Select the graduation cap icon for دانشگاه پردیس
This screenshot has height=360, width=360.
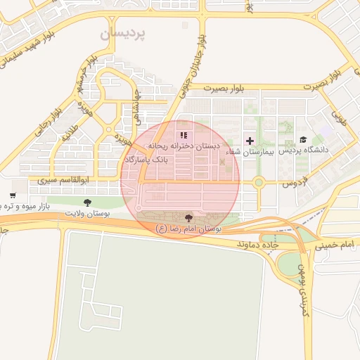303,140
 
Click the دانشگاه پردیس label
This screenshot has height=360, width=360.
304,151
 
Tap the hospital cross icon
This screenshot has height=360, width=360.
250,141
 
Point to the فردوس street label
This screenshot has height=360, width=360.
296,184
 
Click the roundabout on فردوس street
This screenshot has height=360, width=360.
258,184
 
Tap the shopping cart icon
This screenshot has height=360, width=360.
13,195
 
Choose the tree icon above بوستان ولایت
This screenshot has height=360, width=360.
87,202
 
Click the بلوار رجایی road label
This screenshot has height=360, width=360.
48,120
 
